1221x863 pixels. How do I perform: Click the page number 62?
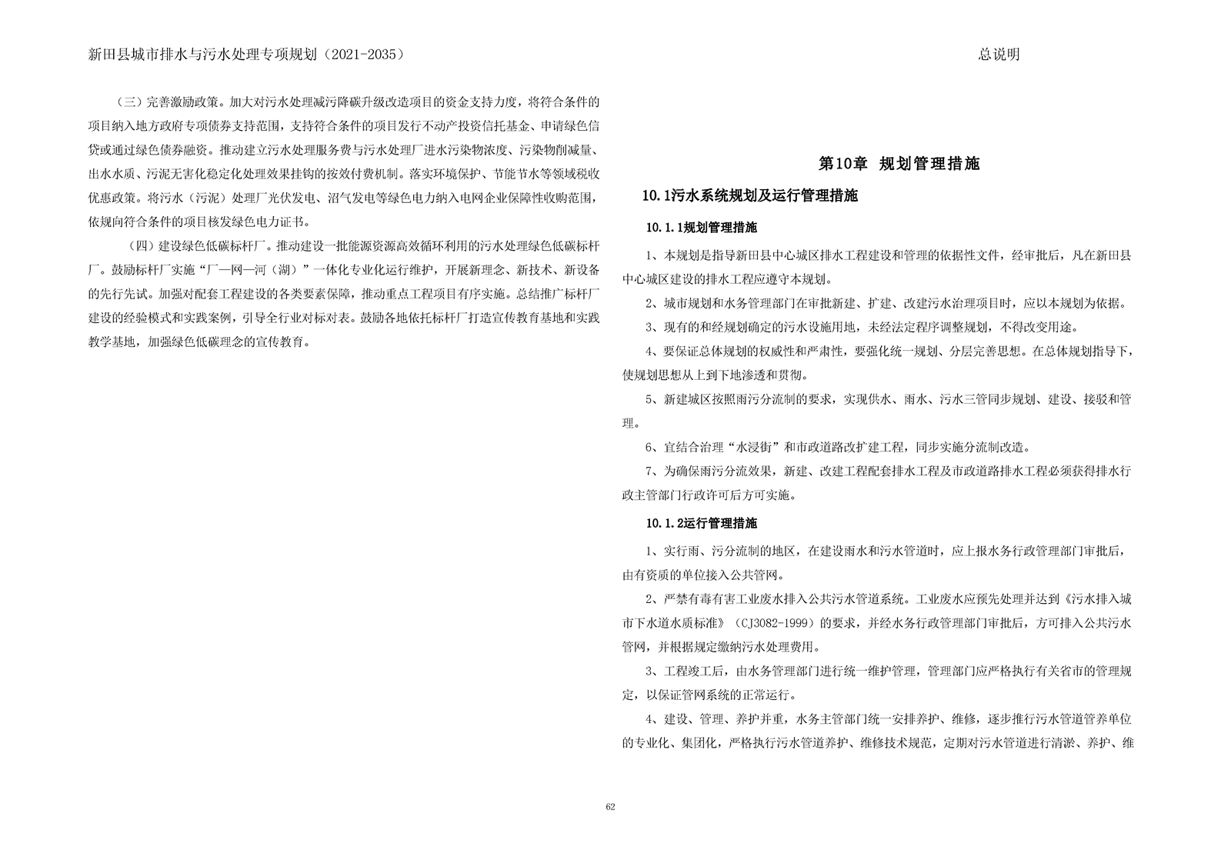pyautogui.click(x=610, y=807)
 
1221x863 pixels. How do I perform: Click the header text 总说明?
pyautogui.click(x=999, y=55)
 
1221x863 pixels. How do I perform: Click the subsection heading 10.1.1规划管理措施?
pyautogui.click(x=701, y=228)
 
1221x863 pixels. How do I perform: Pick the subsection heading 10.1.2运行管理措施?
pyautogui.click(x=701, y=524)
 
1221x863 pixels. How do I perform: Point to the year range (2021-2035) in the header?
pyautogui.click(x=363, y=55)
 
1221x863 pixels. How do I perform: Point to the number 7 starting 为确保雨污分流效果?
pyautogui.click(x=649, y=471)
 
